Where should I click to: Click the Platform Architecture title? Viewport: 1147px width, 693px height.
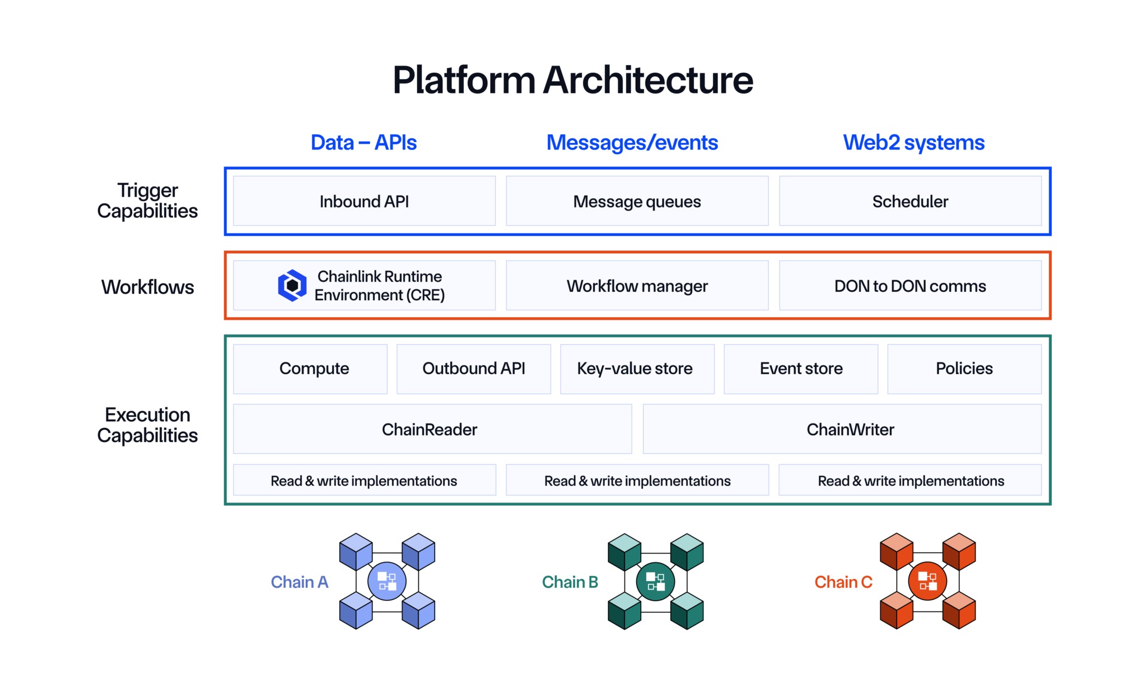click(x=572, y=80)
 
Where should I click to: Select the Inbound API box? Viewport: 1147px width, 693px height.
click(x=364, y=201)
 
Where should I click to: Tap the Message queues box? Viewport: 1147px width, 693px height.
click(x=637, y=201)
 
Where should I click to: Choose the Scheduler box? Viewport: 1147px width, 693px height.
click(x=910, y=201)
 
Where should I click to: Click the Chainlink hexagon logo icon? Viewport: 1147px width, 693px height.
click(x=292, y=286)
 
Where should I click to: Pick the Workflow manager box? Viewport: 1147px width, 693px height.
click(x=637, y=286)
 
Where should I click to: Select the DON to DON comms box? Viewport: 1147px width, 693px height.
click(x=910, y=286)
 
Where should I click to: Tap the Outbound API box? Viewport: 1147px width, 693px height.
click(x=474, y=369)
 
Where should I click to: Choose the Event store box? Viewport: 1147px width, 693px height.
click(x=801, y=369)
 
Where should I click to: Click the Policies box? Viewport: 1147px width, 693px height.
click(x=964, y=369)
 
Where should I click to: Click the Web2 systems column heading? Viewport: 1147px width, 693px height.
click(x=913, y=143)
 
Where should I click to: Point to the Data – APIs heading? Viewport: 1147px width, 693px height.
click(x=363, y=143)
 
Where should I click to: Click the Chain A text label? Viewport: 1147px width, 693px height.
click(x=299, y=582)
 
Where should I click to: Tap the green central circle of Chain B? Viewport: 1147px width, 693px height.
click(x=655, y=582)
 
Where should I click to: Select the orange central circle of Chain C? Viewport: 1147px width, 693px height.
click(x=927, y=582)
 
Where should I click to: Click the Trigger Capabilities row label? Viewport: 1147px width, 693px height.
click(x=147, y=201)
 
